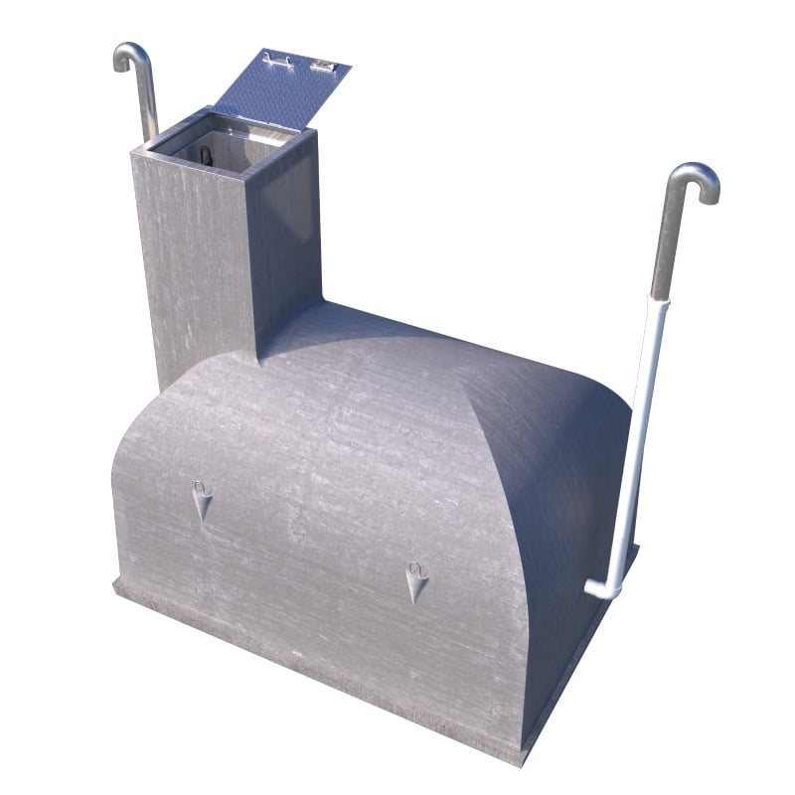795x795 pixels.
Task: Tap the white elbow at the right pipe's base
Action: click(602, 588)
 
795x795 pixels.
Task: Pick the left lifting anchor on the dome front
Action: click(203, 502)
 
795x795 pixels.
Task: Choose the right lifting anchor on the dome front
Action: click(416, 580)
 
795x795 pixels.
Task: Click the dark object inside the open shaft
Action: click(205, 156)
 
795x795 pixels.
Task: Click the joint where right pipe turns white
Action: click(657, 297)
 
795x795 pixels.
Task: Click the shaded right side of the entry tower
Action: click(288, 248)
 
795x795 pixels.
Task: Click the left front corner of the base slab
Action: click(117, 586)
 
